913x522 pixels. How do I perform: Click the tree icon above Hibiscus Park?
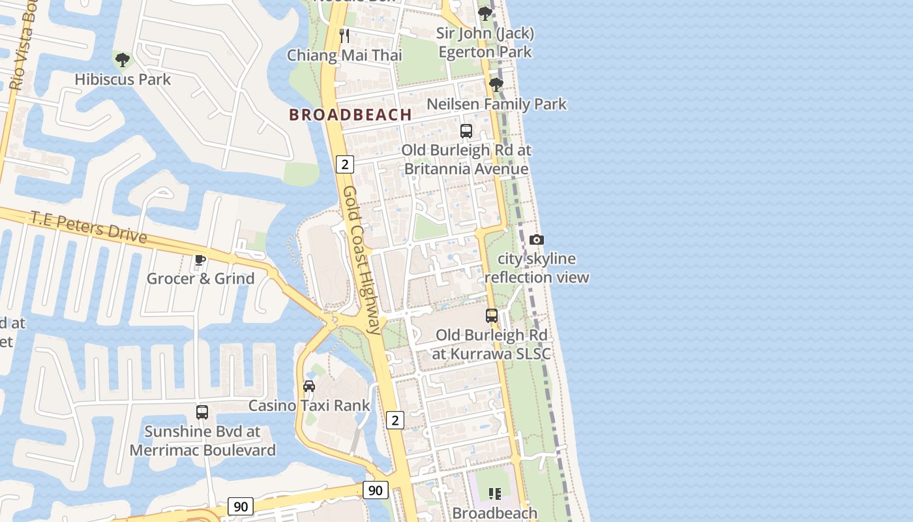(122, 60)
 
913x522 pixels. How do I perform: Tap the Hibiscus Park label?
(123, 80)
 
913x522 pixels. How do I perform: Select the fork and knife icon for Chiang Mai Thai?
(344, 35)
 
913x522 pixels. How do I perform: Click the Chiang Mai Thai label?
(344, 55)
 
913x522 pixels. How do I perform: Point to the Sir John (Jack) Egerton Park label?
(485, 42)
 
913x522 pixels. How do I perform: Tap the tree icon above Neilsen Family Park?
(496, 84)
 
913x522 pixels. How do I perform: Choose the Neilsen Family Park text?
(496, 104)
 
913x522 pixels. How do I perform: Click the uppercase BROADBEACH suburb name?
(350, 115)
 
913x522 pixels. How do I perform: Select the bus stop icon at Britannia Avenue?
(466, 130)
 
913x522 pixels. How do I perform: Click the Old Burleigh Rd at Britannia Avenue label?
(466, 160)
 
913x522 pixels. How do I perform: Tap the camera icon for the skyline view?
(536, 239)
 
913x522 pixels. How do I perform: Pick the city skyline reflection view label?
(537, 268)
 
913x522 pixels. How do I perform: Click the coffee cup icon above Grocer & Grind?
(200, 260)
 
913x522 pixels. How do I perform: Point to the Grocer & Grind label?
(200, 279)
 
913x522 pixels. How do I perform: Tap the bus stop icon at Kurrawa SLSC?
(492, 316)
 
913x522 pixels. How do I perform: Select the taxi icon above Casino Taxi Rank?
(309, 386)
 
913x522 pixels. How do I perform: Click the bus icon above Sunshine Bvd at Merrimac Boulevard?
(202, 412)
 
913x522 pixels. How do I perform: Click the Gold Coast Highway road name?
(361, 260)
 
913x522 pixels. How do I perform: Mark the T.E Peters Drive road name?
(89, 227)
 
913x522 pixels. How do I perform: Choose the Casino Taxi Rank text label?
(309, 406)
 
